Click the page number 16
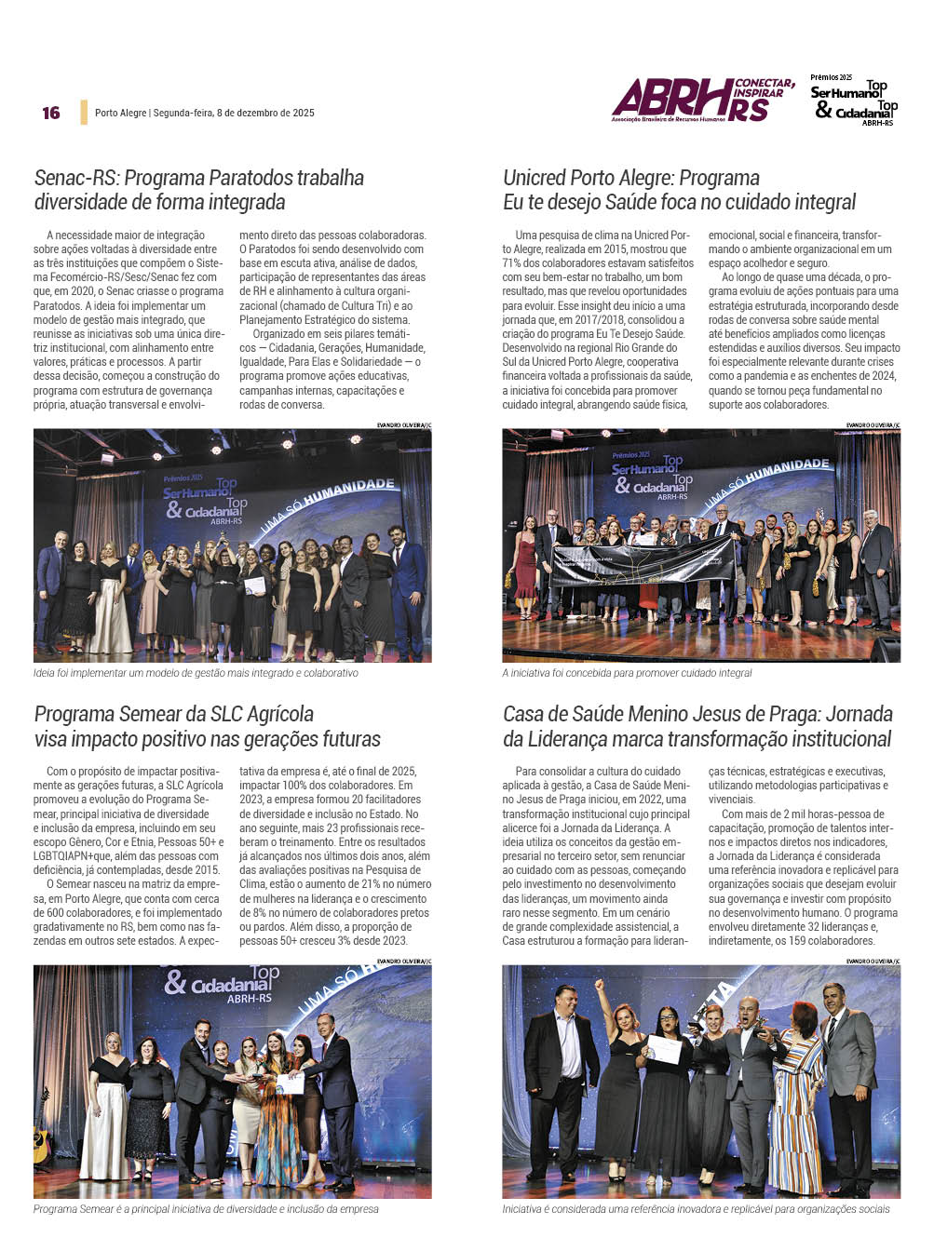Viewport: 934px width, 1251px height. [51, 113]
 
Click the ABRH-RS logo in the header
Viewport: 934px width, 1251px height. [703, 100]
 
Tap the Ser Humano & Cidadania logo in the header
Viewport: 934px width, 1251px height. [853, 101]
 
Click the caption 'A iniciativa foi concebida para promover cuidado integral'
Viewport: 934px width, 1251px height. [627, 673]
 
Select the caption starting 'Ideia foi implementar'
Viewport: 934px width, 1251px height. [196, 673]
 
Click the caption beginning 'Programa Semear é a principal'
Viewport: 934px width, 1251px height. [206, 1209]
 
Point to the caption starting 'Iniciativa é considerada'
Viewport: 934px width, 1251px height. [696, 1209]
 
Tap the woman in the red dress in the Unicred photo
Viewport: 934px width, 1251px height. [526, 568]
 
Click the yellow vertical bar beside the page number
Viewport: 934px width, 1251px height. [84, 113]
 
